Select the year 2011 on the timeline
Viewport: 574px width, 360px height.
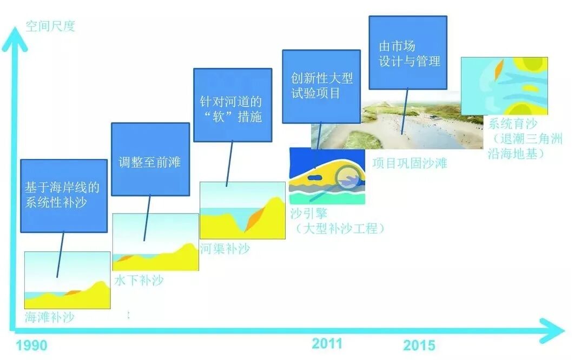327,343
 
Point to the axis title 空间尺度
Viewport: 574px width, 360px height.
50,25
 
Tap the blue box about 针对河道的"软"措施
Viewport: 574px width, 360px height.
232,105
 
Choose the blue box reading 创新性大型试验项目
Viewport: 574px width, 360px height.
321,86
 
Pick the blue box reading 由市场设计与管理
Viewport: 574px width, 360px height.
407,52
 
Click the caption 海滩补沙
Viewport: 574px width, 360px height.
49,317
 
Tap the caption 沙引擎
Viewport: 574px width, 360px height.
309,213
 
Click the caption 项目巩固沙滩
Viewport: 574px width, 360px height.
410,163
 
